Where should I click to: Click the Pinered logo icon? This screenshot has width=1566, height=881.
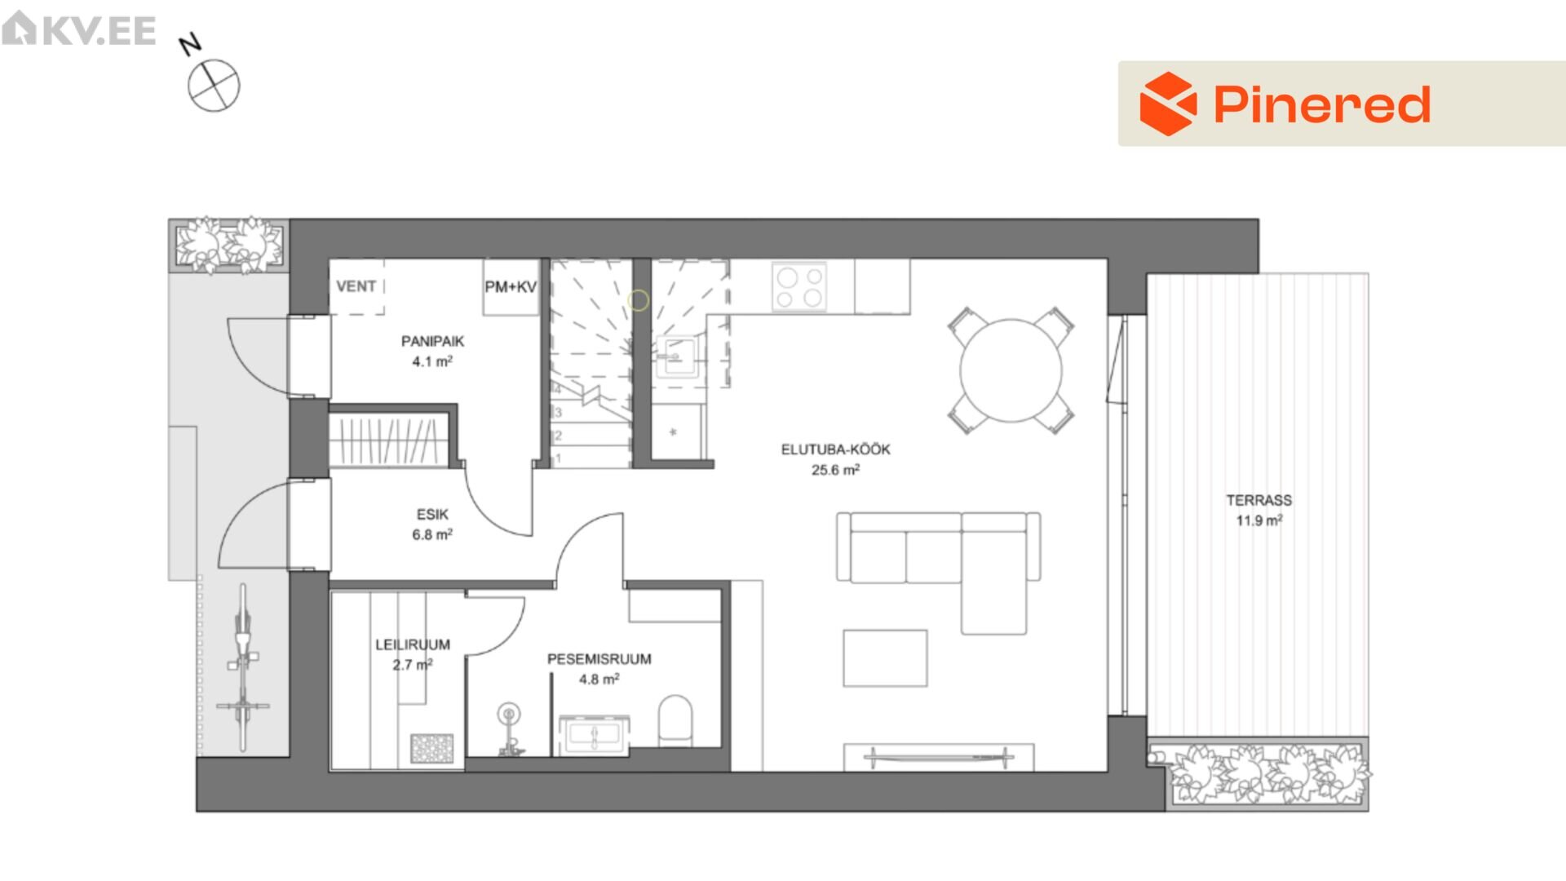pos(1168,104)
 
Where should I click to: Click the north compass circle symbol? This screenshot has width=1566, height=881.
pos(214,86)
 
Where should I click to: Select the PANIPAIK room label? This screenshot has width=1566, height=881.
pos(432,341)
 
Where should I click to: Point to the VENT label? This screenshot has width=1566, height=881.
pos(356,286)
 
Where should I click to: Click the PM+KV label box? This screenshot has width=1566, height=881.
pos(511,287)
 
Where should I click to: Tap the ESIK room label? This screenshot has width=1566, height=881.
pos(432,514)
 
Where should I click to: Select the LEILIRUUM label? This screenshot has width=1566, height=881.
pos(413,644)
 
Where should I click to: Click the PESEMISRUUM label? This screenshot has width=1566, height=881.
pos(599,659)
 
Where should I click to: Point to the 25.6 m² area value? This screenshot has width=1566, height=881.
pos(835,470)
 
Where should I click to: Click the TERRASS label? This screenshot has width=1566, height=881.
pos(1259,500)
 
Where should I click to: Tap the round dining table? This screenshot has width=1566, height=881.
pos(1011,370)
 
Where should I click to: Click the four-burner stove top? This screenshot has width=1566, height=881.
pos(799,287)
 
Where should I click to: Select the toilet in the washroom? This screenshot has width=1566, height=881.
pos(675,720)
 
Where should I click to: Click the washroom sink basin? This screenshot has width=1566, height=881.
pos(594,736)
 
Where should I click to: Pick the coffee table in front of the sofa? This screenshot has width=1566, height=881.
pos(885,658)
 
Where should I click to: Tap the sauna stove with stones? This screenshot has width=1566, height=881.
pos(431,748)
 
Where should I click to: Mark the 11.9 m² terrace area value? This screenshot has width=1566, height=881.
pos(1259,520)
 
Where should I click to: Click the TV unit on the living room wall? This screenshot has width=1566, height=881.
pos(939,757)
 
